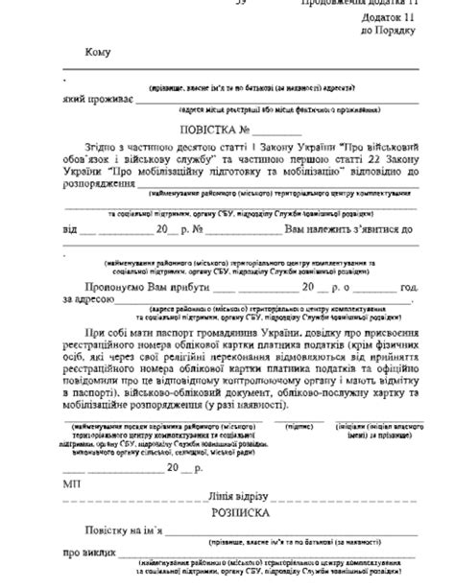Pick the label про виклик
coord(87,553)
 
